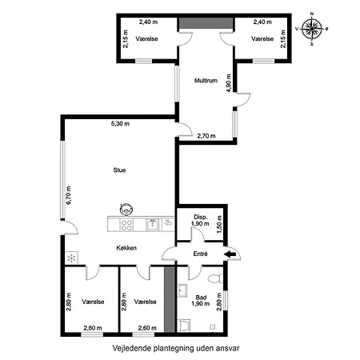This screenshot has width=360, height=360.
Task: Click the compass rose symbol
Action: [312, 29]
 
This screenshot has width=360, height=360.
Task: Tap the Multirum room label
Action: [206, 80]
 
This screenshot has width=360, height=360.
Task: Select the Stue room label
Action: [119, 170]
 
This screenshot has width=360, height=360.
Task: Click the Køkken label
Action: [126, 248]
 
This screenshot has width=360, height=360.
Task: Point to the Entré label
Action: [200, 254]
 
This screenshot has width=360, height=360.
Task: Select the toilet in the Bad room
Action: [215, 278]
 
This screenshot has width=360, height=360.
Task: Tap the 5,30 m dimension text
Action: [120, 124]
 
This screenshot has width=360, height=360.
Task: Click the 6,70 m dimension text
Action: [69, 195]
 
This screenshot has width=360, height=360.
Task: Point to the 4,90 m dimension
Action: [229, 83]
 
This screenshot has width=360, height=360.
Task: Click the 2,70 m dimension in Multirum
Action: [206, 136]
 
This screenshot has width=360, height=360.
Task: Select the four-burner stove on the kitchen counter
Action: [126, 225]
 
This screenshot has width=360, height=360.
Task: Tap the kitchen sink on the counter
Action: [153, 225]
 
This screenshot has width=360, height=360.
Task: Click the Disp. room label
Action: [201, 217]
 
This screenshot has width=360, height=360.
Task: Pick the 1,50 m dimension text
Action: [219, 225]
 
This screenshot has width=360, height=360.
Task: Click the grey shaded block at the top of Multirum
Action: [206, 23]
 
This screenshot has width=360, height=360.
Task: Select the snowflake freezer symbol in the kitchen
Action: [71, 258]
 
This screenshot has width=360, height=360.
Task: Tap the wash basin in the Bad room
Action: [182, 290]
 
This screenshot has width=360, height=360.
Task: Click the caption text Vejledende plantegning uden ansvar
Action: [176, 348]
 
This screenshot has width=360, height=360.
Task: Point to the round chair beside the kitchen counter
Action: [126, 209]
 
